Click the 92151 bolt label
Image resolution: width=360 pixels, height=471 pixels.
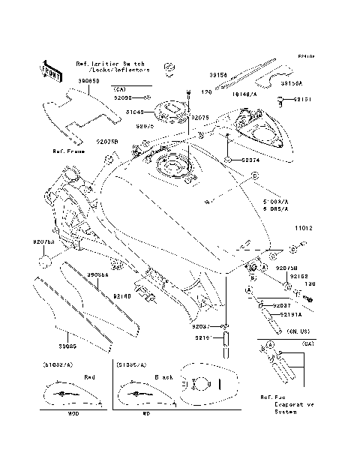pos(302,99)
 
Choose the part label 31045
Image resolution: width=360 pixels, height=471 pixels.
pos(134,112)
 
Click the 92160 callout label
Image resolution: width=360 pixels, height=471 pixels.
pos(124,296)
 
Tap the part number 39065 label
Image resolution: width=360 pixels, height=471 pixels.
pos(68,346)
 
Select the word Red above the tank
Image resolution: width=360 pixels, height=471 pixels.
pos(88,377)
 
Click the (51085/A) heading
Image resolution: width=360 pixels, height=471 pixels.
pos(132,364)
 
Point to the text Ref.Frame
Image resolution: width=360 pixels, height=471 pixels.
pos(67,151)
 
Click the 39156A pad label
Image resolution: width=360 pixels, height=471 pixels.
pos(292,84)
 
